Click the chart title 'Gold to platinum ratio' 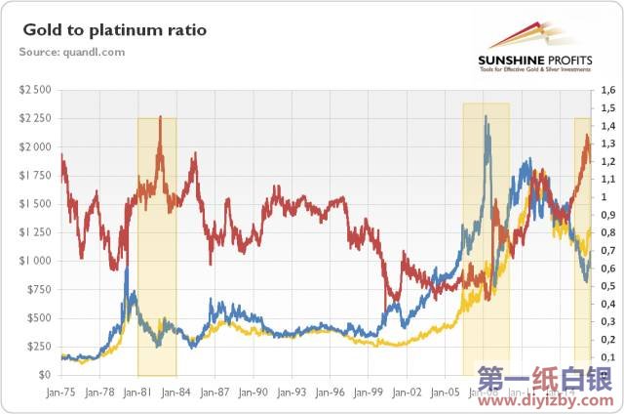click(115, 30)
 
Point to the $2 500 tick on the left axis click(37, 90)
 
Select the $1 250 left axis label click(37, 232)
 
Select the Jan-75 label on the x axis click(61, 392)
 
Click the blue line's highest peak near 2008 click(486, 117)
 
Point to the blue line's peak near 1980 click(127, 267)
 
